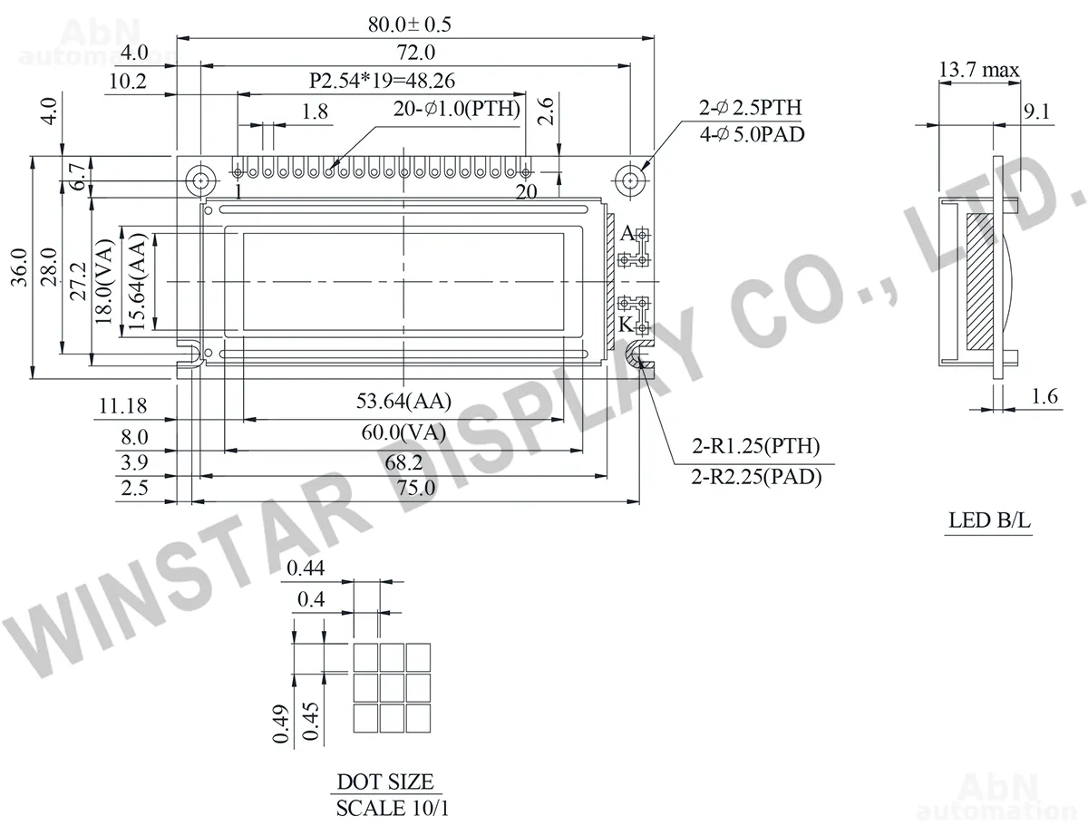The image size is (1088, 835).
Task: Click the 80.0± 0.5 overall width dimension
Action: point(410,24)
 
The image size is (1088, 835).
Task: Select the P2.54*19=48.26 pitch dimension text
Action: point(382,81)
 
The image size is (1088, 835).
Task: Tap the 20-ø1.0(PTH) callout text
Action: point(457,109)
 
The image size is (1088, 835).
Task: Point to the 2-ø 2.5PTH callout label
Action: point(751,108)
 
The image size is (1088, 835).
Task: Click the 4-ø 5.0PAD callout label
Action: point(752,134)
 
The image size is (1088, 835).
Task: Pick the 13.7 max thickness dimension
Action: point(978,70)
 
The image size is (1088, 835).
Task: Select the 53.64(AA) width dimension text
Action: point(403,401)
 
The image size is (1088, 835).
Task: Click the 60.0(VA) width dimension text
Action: point(403,432)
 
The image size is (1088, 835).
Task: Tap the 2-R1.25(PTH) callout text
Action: point(755,445)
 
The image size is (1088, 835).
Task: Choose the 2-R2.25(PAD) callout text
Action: point(756,477)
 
